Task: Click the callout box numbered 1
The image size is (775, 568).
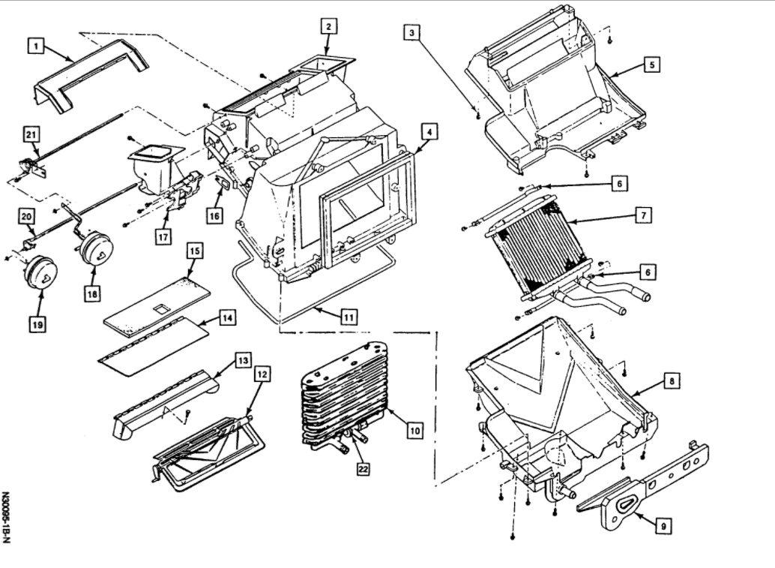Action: point(34,47)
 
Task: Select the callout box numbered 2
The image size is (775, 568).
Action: point(327,27)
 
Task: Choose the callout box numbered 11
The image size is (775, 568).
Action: point(346,317)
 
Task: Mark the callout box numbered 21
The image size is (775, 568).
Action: point(31,134)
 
